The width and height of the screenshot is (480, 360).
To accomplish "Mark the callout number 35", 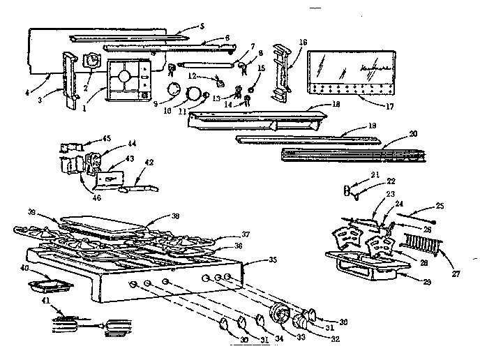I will (x=272, y=260).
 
